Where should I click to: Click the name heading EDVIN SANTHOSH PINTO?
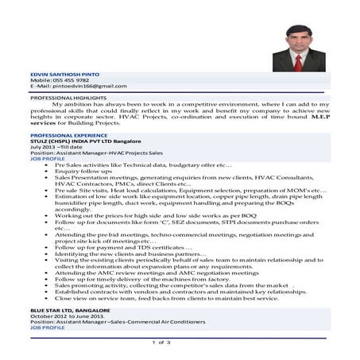[60, 73]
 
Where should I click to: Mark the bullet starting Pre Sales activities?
[143, 164]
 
